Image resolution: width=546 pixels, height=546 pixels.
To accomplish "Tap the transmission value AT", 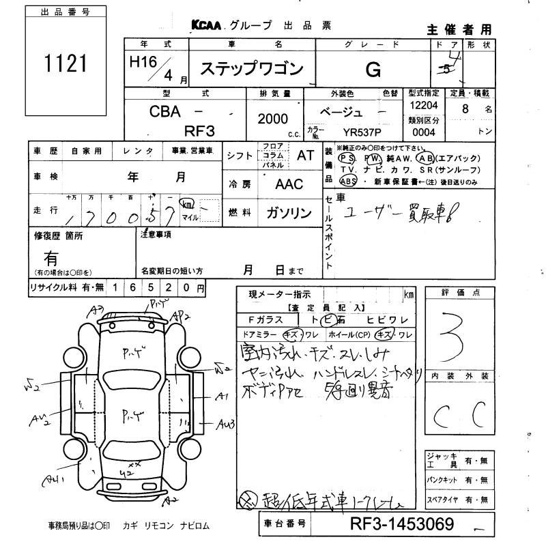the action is [305, 155].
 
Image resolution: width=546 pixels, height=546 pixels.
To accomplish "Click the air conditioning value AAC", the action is [289, 184].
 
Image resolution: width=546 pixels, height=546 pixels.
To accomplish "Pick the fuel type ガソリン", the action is [289, 212].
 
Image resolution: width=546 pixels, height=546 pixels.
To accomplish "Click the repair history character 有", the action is [51, 258].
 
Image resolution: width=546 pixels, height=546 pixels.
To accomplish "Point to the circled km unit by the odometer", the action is [186, 204].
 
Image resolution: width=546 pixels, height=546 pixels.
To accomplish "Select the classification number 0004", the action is [423, 131].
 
